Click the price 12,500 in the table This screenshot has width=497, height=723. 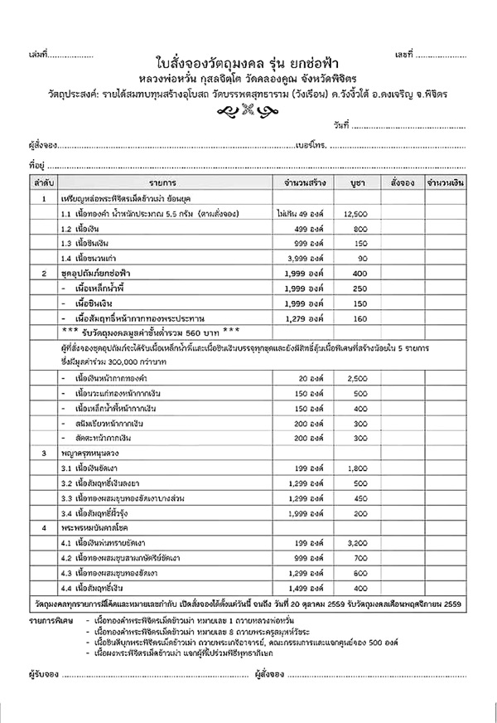[x=355, y=213]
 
